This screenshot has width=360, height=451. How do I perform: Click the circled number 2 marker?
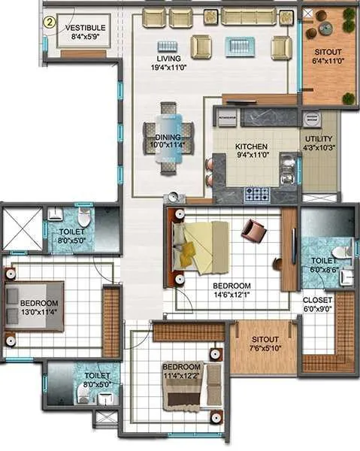(49, 21)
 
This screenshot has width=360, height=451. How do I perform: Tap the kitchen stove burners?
(258, 194)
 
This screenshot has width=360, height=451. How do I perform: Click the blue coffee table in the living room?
(242, 47)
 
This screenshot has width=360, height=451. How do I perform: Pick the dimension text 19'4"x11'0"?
(168, 68)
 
